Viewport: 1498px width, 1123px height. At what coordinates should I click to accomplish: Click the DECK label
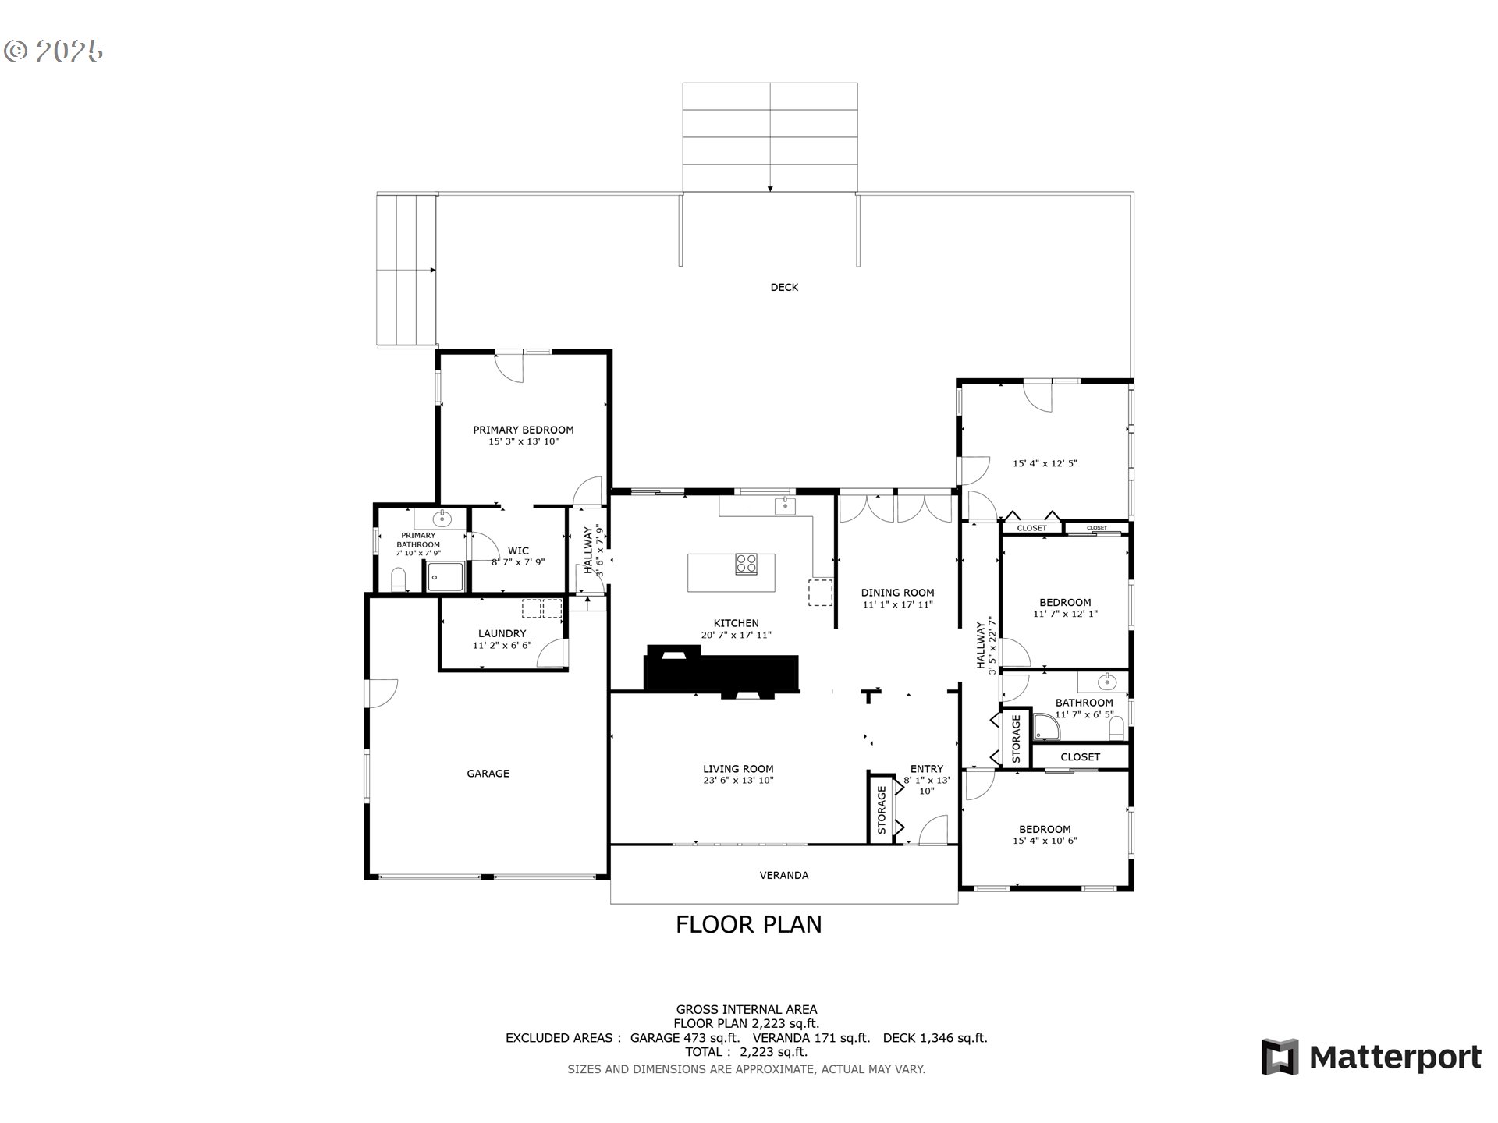[x=784, y=287]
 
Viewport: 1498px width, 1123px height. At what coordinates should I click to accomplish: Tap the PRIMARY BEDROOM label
[x=524, y=430]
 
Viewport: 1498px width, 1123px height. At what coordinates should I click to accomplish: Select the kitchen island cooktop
[x=746, y=564]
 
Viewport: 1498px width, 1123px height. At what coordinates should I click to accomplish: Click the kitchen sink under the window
[x=785, y=506]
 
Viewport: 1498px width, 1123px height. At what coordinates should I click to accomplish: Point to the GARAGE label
[x=488, y=774]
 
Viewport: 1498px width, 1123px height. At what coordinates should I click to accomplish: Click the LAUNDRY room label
[x=502, y=633]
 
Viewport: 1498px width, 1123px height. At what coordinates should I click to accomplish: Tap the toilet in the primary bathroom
[x=399, y=579]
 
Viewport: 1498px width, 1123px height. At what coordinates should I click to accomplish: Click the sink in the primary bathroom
[x=442, y=517]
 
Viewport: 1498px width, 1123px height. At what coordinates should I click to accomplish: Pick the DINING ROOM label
[x=897, y=593]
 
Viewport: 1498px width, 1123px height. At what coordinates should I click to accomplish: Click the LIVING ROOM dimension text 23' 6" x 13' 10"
[x=738, y=780]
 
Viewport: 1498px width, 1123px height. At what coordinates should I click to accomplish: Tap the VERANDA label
[x=784, y=875]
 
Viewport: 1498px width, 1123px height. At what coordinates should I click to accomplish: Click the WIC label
[x=518, y=551]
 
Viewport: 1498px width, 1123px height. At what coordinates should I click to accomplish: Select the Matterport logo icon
[x=1280, y=1057]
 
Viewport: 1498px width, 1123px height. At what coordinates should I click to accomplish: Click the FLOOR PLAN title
[x=749, y=924]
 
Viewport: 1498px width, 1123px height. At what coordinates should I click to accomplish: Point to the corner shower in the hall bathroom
[x=1047, y=728]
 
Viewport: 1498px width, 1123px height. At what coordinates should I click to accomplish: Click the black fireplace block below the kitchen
[x=722, y=672]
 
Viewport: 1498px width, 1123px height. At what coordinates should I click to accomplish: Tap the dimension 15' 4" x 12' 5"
[x=1045, y=463]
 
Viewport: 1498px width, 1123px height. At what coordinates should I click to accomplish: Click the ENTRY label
[x=927, y=769]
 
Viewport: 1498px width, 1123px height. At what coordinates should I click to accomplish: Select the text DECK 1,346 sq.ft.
[x=935, y=1038]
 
